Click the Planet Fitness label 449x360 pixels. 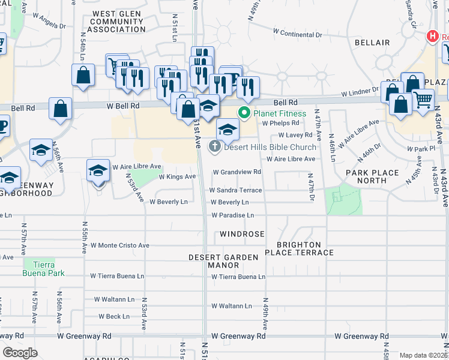[x=280, y=113]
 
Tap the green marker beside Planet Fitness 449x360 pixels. [x=244, y=113]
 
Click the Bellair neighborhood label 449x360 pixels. [x=372, y=43]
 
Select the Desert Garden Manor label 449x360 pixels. [x=223, y=261]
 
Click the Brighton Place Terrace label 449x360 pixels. [x=305, y=249]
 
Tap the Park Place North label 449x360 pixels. [x=372, y=177]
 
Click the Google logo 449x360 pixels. [x=20, y=353]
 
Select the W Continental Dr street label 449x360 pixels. [x=297, y=35]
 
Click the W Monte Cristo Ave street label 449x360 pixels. [x=119, y=245]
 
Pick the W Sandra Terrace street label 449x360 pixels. [x=235, y=190]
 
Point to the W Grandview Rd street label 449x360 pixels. [x=237, y=172]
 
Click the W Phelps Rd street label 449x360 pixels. [x=280, y=123]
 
